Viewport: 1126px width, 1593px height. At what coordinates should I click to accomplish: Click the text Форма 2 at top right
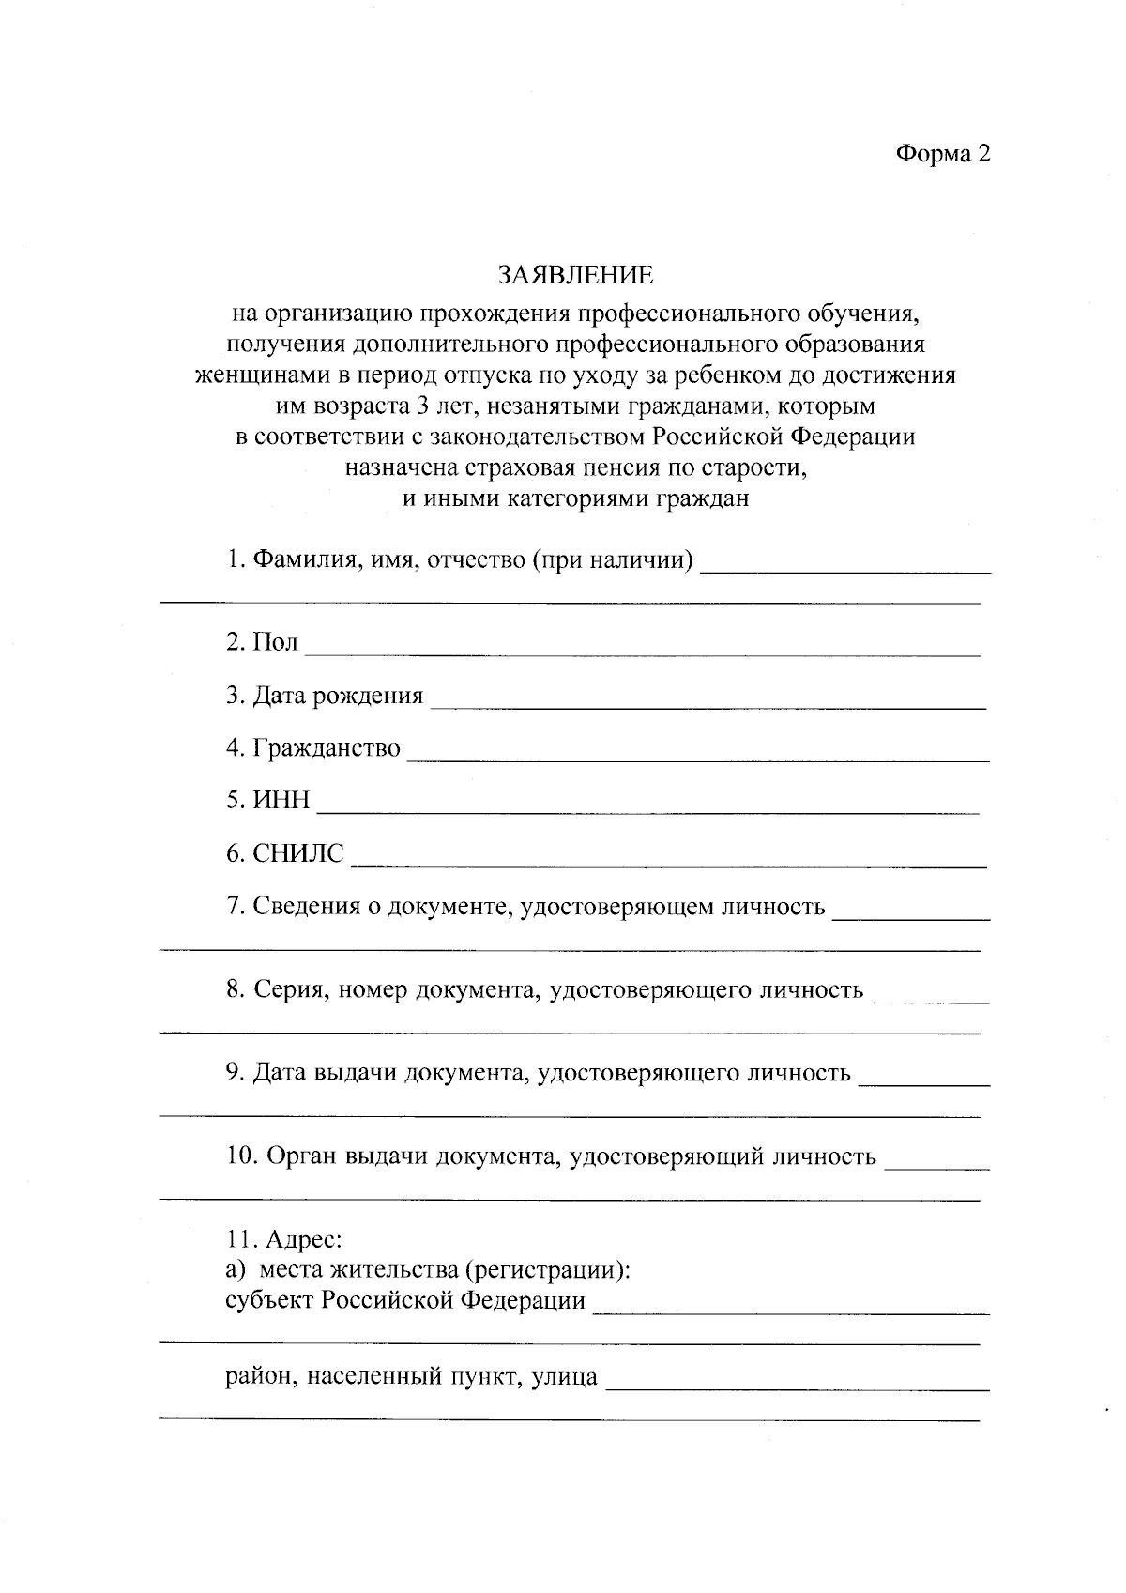coord(942,154)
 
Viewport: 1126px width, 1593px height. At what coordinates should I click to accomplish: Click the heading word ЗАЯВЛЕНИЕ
coord(575,275)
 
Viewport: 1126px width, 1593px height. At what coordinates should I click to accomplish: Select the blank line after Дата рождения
coord(708,702)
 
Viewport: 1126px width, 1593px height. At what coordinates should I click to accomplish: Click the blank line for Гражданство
coord(698,756)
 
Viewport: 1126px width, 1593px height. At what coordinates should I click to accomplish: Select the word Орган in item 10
coord(302,1156)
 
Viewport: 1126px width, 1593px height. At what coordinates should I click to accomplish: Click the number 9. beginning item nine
coord(235,1072)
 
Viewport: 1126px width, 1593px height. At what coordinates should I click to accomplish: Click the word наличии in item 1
coord(647,560)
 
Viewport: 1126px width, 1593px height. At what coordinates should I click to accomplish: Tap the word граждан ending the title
coord(708,498)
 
